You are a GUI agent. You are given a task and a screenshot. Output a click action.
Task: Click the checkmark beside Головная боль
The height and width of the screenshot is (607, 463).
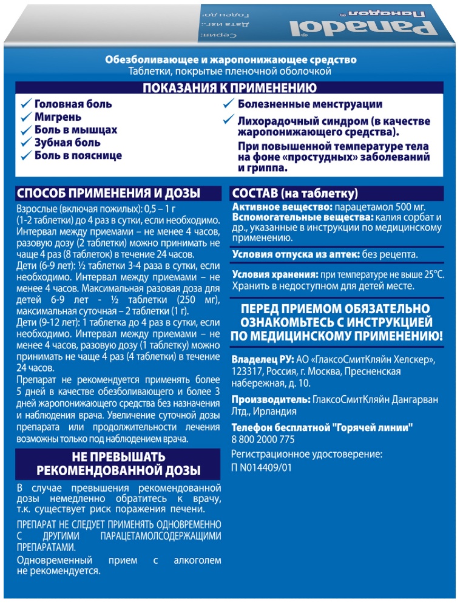pyautogui.click(x=25, y=104)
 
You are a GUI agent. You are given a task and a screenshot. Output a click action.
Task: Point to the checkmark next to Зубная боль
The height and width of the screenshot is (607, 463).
pyautogui.click(x=25, y=143)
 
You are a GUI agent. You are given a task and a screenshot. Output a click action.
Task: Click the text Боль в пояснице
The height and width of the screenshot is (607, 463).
pyautogui.click(x=78, y=155)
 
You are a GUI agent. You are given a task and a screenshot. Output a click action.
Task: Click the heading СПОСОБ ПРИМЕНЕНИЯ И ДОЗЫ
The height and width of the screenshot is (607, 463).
pyautogui.click(x=107, y=194)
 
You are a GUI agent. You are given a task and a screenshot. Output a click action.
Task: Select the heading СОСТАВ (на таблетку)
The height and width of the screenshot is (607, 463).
pyautogui.click(x=295, y=194)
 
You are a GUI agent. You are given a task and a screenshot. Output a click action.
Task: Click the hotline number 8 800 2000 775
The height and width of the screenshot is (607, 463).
pyautogui.click(x=263, y=440)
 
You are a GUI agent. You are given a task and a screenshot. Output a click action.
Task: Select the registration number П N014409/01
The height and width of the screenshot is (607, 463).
pyautogui.click(x=262, y=468)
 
